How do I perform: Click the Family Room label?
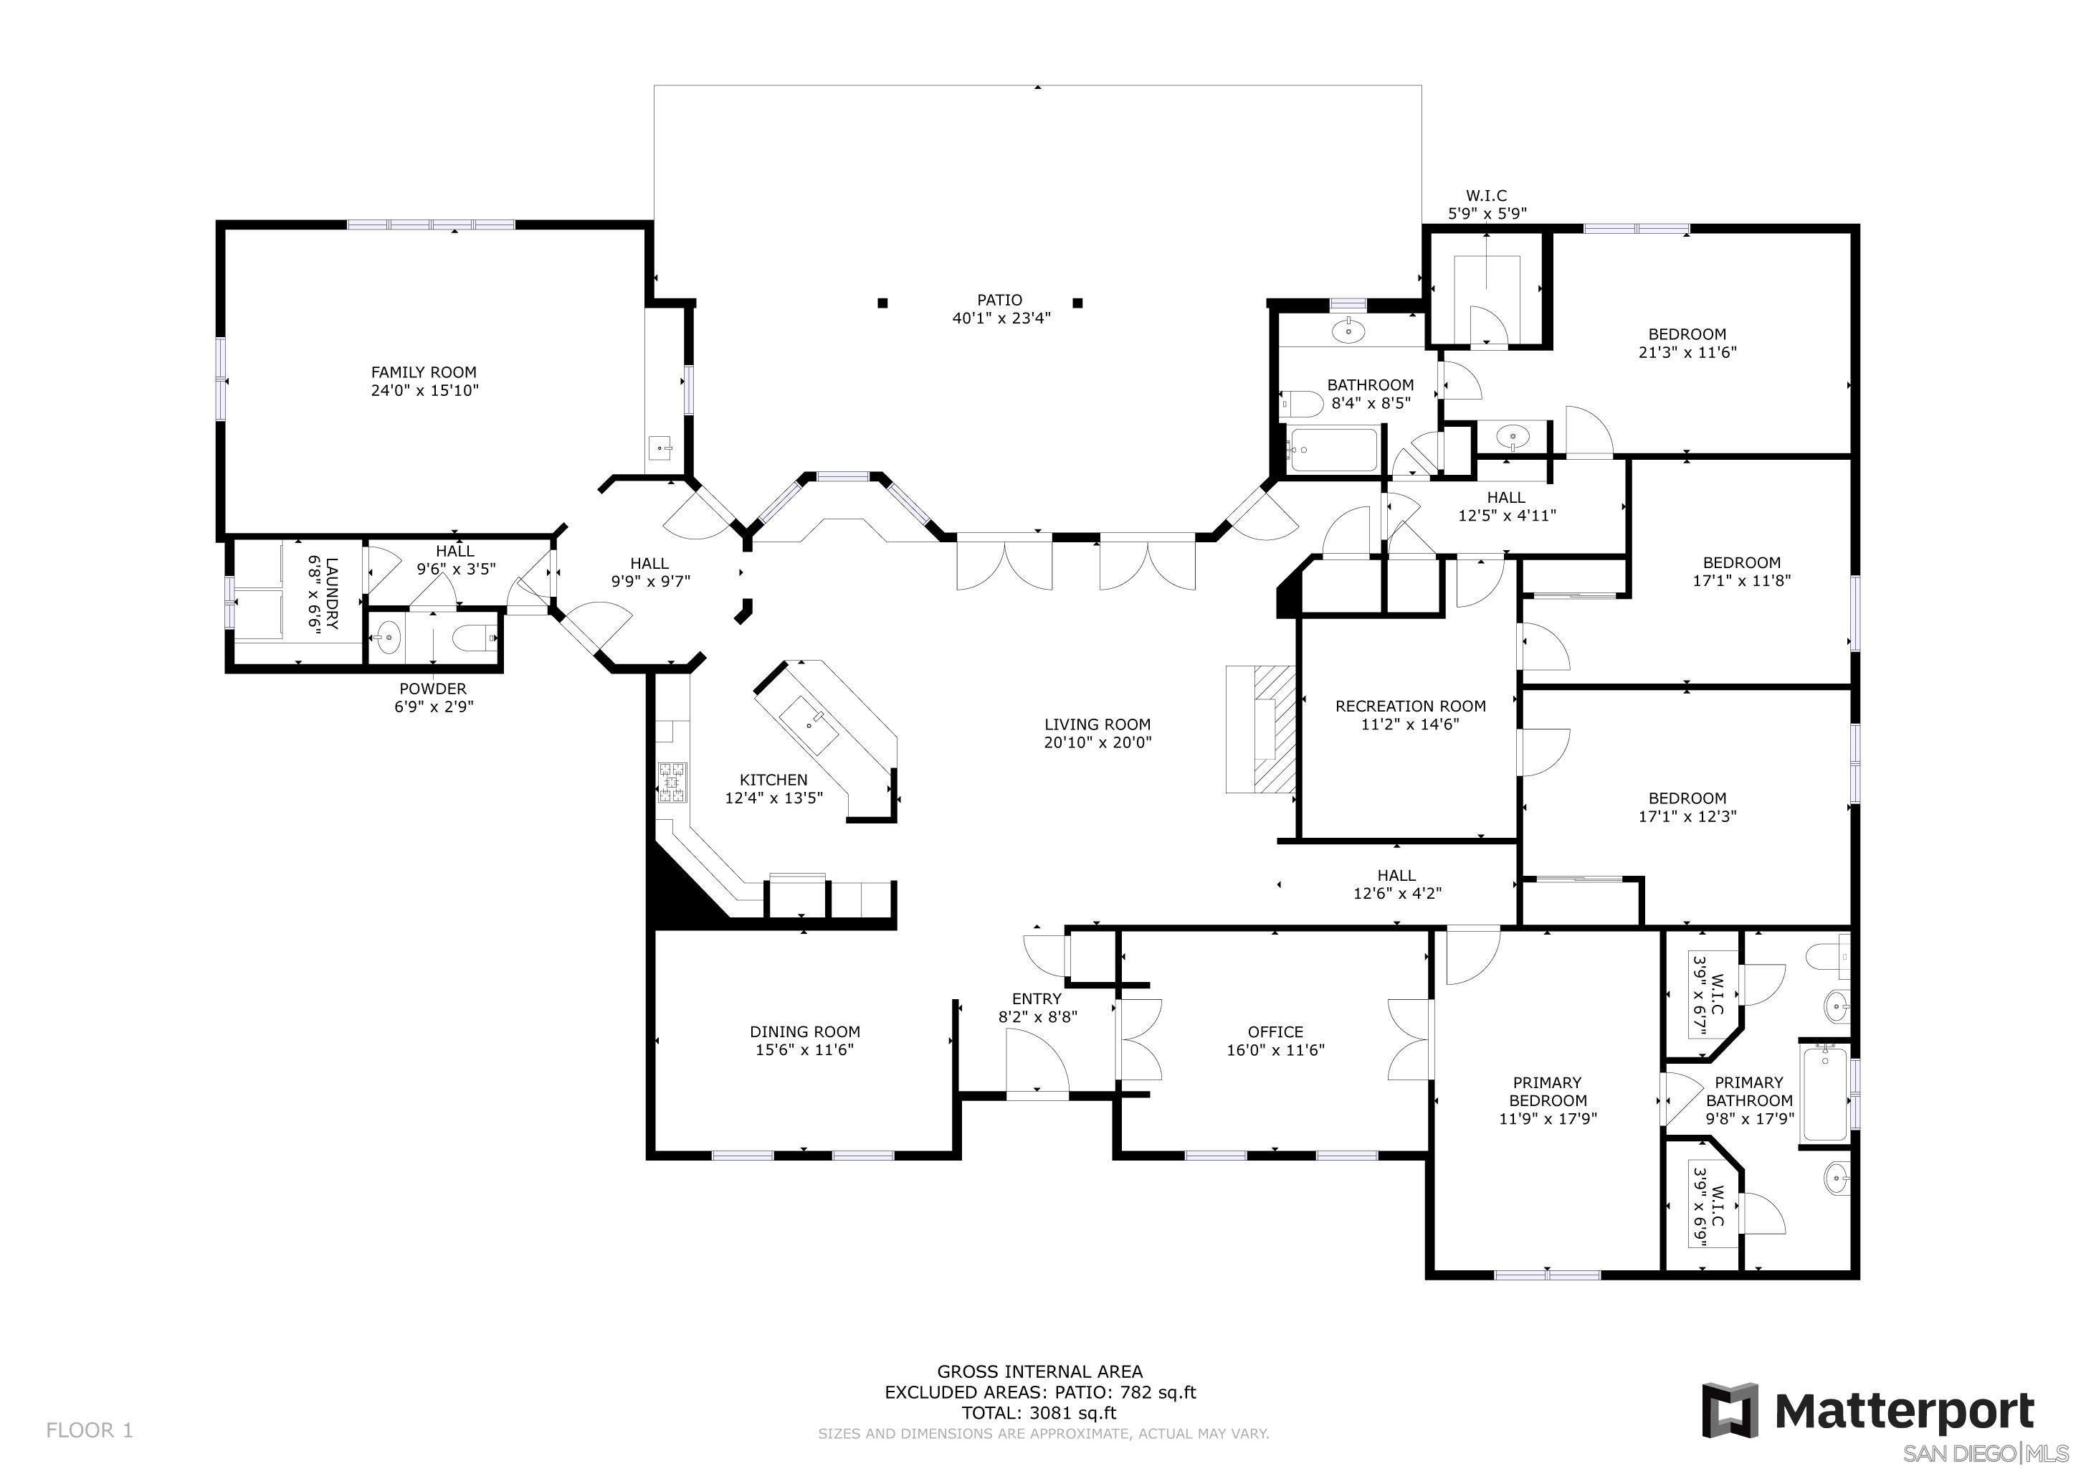click(423, 372)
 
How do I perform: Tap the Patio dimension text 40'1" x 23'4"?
click(1001, 318)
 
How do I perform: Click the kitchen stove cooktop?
click(672, 783)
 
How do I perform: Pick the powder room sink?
click(387, 638)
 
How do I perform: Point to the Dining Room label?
click(805, 1031)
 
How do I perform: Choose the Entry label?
click(1037, 998)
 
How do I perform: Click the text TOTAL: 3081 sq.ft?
click(1039, 1414)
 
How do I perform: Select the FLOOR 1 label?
click(90, 1430)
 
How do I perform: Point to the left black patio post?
click(882, 303)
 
